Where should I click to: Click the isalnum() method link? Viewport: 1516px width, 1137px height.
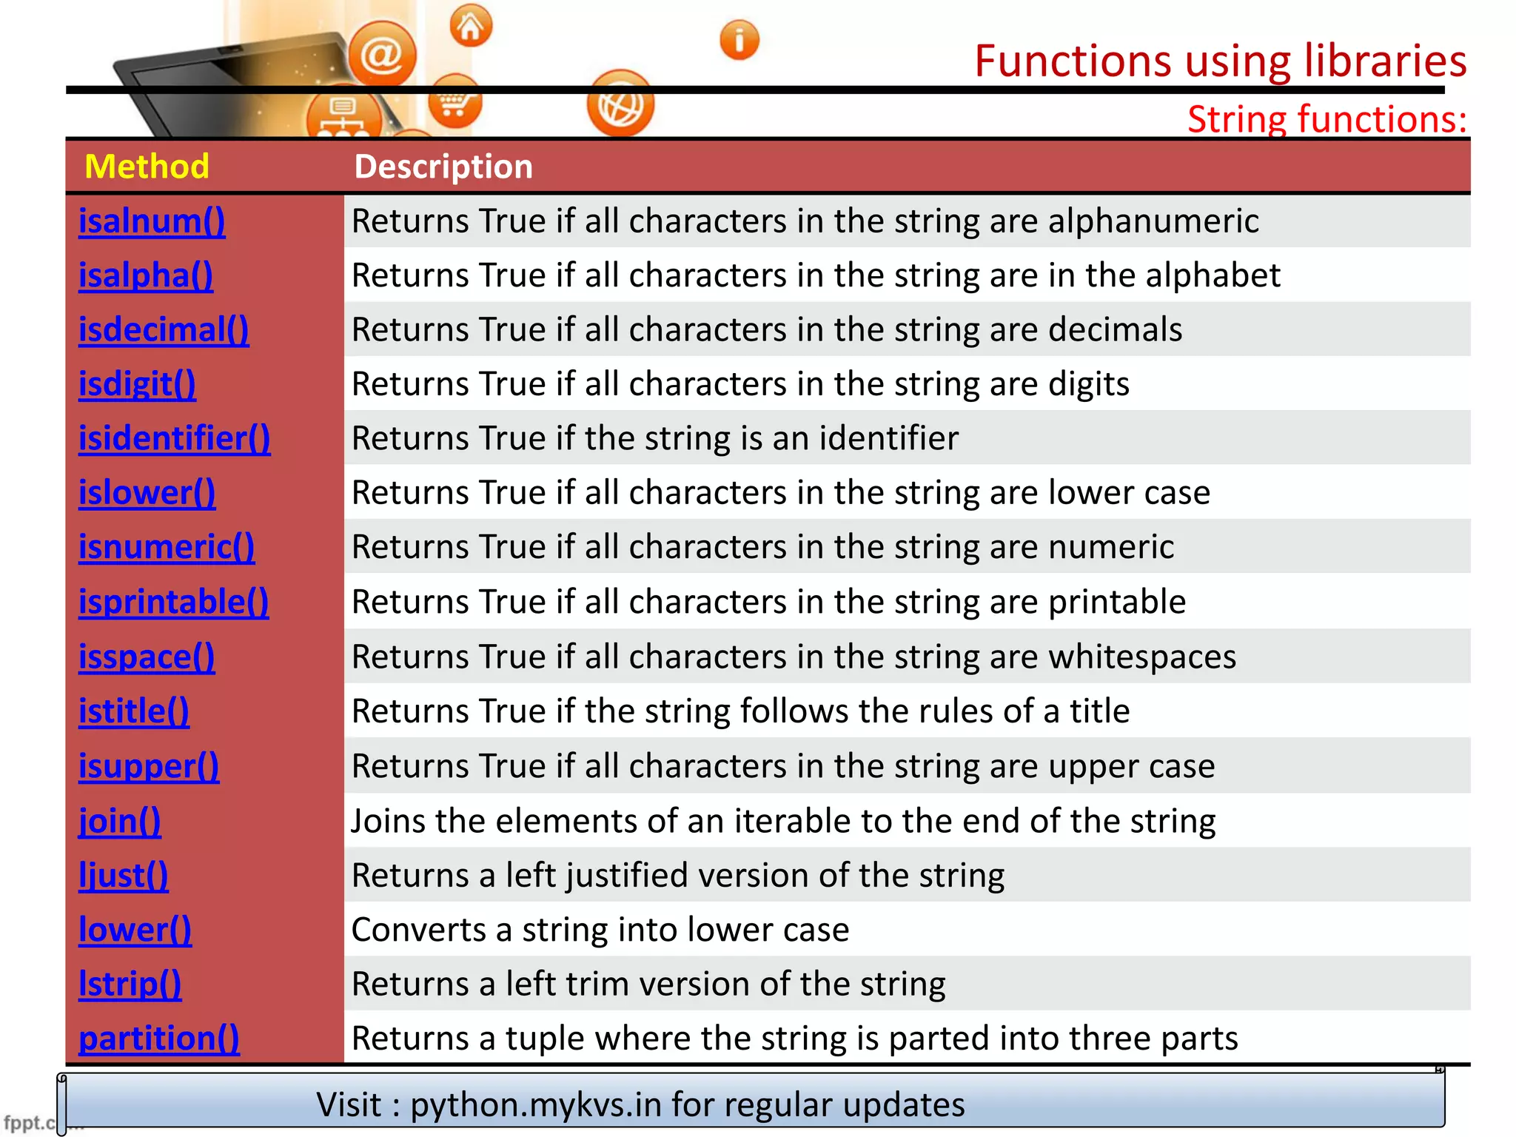click(x=152, y=221)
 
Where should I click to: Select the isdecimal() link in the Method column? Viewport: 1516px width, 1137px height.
click(x=164, y=330)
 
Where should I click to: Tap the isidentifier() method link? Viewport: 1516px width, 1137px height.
click(x=175, y=439)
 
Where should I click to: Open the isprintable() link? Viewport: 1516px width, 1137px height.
click(x=173, y=602)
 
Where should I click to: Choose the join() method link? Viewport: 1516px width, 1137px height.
click(x=120, y=821)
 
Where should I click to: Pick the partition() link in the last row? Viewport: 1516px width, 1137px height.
click(x=159, y=1039)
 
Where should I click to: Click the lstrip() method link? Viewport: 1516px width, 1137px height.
click(x=130, y=985)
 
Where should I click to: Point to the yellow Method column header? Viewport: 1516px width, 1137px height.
click(x=147, y=167)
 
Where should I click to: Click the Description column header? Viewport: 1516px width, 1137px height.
click(x=443, y=167)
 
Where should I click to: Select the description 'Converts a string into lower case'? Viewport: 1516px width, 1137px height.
click(x=600, y=930)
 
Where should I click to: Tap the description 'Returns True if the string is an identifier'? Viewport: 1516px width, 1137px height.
click(x=655, y=438)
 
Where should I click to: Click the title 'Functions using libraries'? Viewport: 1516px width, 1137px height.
click(x=1220, y=61)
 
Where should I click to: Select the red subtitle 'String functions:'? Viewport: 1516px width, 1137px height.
click(x=1326, y=119)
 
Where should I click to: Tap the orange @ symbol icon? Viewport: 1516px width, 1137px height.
click(x=382, y=54)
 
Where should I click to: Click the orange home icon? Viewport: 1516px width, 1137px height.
click(x=470, y=27)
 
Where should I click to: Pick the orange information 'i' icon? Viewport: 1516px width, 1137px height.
click(x=739, y=40)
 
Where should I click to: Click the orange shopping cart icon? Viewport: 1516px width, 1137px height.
click(x=455, y=103)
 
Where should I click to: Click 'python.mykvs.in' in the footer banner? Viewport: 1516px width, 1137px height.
click(x=535, y=1104)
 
